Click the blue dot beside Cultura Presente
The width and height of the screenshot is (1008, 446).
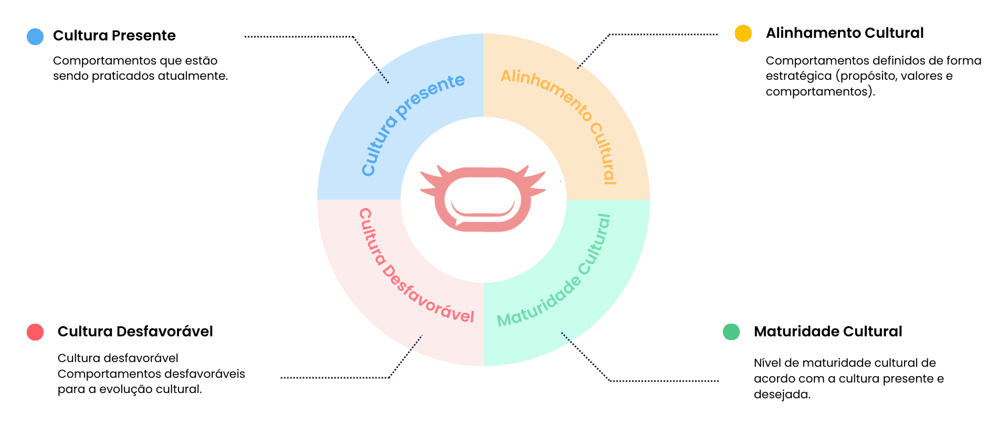35,37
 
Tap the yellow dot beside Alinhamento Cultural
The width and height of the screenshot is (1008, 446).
743,33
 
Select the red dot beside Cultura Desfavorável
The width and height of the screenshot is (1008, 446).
35,332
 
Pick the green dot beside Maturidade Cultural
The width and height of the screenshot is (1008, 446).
731,332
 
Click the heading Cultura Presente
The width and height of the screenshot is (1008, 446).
114,36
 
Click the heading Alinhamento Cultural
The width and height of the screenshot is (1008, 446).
844,33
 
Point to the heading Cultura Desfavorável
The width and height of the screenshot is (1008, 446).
135,332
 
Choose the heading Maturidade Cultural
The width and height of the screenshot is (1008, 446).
827,332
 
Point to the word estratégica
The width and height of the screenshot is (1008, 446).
798,76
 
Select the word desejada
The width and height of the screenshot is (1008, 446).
782,395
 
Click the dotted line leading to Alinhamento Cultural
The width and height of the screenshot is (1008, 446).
661,35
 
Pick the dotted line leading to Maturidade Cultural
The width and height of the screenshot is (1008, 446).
661,380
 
